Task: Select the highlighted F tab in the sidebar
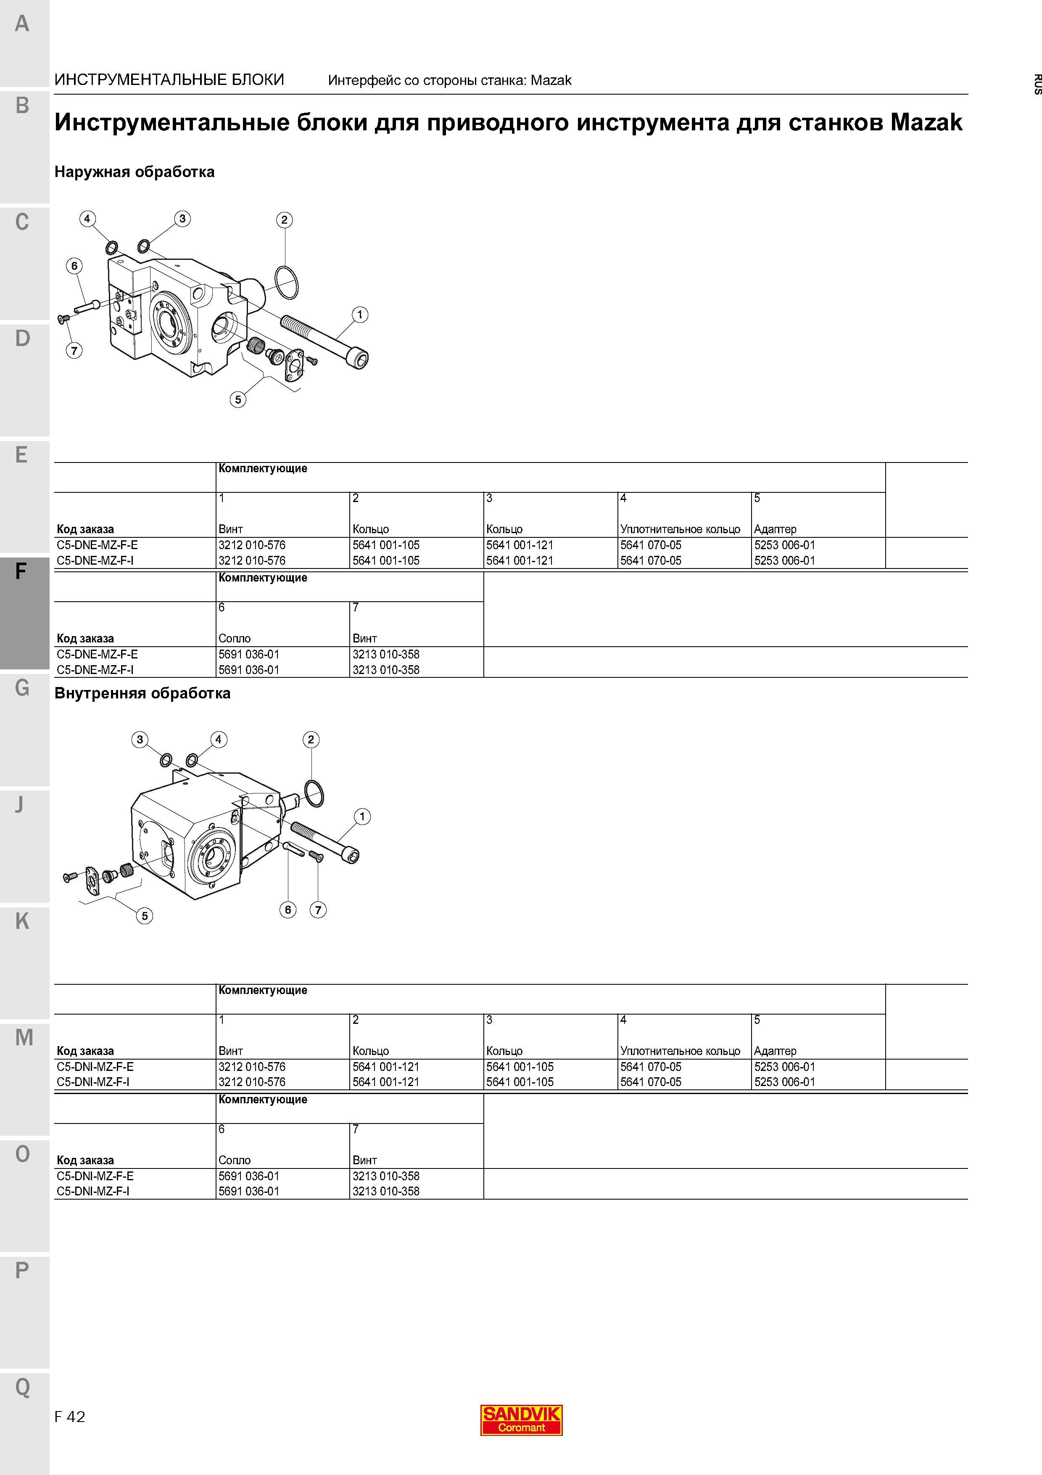(x=24, y=613)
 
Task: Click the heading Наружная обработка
(x=134, y=172)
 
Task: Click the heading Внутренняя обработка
(x=142, y=693)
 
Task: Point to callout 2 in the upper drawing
(x=285, y=220)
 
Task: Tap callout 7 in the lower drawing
(x=318, y=909)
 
